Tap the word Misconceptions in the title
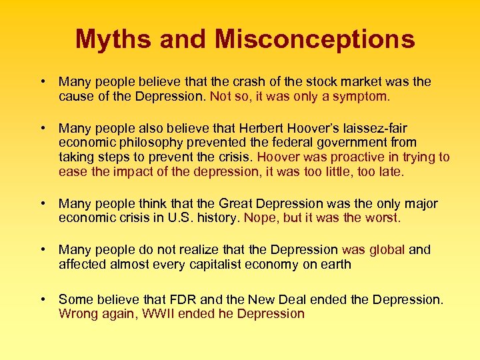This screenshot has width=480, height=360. click(315, 39)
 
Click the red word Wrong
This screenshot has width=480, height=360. click(78, 314)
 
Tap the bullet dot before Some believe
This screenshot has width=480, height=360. click(42, 299)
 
